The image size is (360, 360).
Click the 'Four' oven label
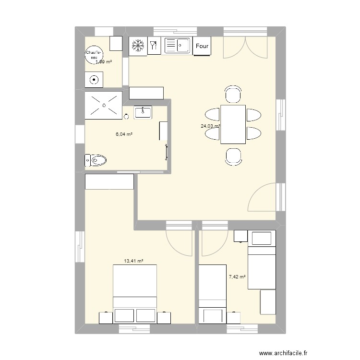pos(202,47)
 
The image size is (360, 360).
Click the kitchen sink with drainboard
pos(178,46)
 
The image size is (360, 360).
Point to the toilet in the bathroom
pos(96,160)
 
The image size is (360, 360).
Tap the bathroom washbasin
pos(143,113)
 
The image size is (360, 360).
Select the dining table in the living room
pos(233,124)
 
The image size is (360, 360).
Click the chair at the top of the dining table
pos(233,95)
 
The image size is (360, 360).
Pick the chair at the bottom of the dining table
pos(233,156)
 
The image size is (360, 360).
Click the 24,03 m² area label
pos(210,127)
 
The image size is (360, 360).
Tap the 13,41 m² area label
pos(134,261)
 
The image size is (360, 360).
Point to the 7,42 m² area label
pos(237,277)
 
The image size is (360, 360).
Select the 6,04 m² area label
pos(124,134)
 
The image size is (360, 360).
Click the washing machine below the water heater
pos(94,80)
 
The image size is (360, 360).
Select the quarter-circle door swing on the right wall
pos(263,198)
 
